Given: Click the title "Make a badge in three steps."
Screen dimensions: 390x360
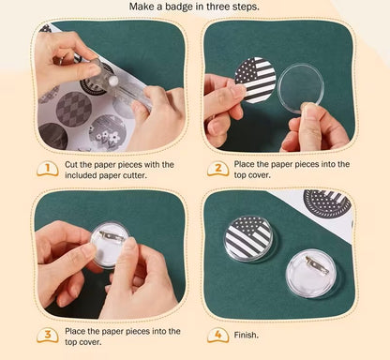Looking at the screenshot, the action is click(194, 7).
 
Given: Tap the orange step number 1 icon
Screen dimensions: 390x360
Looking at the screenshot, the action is click(48, 169).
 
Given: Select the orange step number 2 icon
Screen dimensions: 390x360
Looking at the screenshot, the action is click(218, 169).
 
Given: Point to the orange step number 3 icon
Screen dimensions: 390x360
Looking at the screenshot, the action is click(48, 335).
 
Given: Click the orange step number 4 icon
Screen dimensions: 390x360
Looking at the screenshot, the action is click(218, 335).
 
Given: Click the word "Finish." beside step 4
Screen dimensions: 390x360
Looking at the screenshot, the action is click(247, 335).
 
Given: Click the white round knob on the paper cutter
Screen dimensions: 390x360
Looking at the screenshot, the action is click(113, 81).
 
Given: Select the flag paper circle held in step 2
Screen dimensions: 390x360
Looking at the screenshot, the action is click(255, 81).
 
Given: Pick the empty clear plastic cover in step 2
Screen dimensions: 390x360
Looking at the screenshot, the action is click(300, 87).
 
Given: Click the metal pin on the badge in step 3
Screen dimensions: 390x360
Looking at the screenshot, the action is click(112, 236).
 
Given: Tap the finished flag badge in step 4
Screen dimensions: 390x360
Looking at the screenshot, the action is click(247, 239).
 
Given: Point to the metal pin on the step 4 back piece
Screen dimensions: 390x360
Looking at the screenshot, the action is click(317, 264).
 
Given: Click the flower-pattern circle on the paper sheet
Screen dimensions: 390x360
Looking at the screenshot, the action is click(108, 133).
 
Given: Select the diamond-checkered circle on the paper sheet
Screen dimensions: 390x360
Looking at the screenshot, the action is click(74, 109).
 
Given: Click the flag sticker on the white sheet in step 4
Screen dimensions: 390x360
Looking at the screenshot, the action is click(327, 203).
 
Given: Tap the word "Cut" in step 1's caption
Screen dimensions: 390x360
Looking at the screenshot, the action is click(70, 165).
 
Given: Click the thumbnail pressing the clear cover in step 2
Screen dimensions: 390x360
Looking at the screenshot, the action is click(307, 109).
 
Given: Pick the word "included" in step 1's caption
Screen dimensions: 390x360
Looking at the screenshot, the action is click(81, 175).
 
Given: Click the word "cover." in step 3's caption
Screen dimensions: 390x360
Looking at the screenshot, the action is click(91, 342).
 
